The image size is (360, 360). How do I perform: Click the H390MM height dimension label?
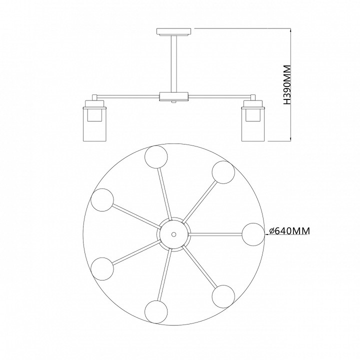[x=287, y=85]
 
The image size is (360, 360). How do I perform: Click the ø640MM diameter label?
[x=289, y=231]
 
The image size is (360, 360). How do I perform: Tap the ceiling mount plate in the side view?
[x=174, y=32]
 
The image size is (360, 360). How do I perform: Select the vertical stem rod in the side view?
[x=174, y=64]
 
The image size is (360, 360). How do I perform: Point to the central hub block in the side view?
[x=174, y=96]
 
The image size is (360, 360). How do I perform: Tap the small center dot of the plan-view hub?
[x=174, y=234]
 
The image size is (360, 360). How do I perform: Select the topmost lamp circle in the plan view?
[x=156, y=156]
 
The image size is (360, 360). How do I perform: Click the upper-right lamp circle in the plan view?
[x=223, y=172]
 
